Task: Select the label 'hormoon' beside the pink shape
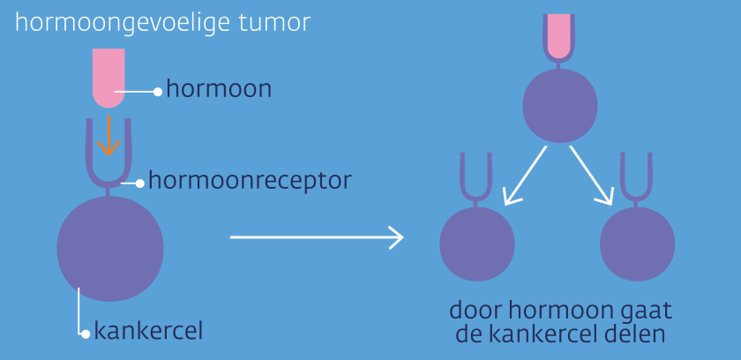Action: (x=219, y=89)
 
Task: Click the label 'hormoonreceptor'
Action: (x=250, y=181)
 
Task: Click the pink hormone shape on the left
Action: (x=109, y=75)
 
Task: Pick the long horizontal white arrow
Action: (x=316, y=237)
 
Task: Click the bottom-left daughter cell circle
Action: (x=476, y=244)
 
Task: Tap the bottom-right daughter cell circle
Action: (x=637, y=244)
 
